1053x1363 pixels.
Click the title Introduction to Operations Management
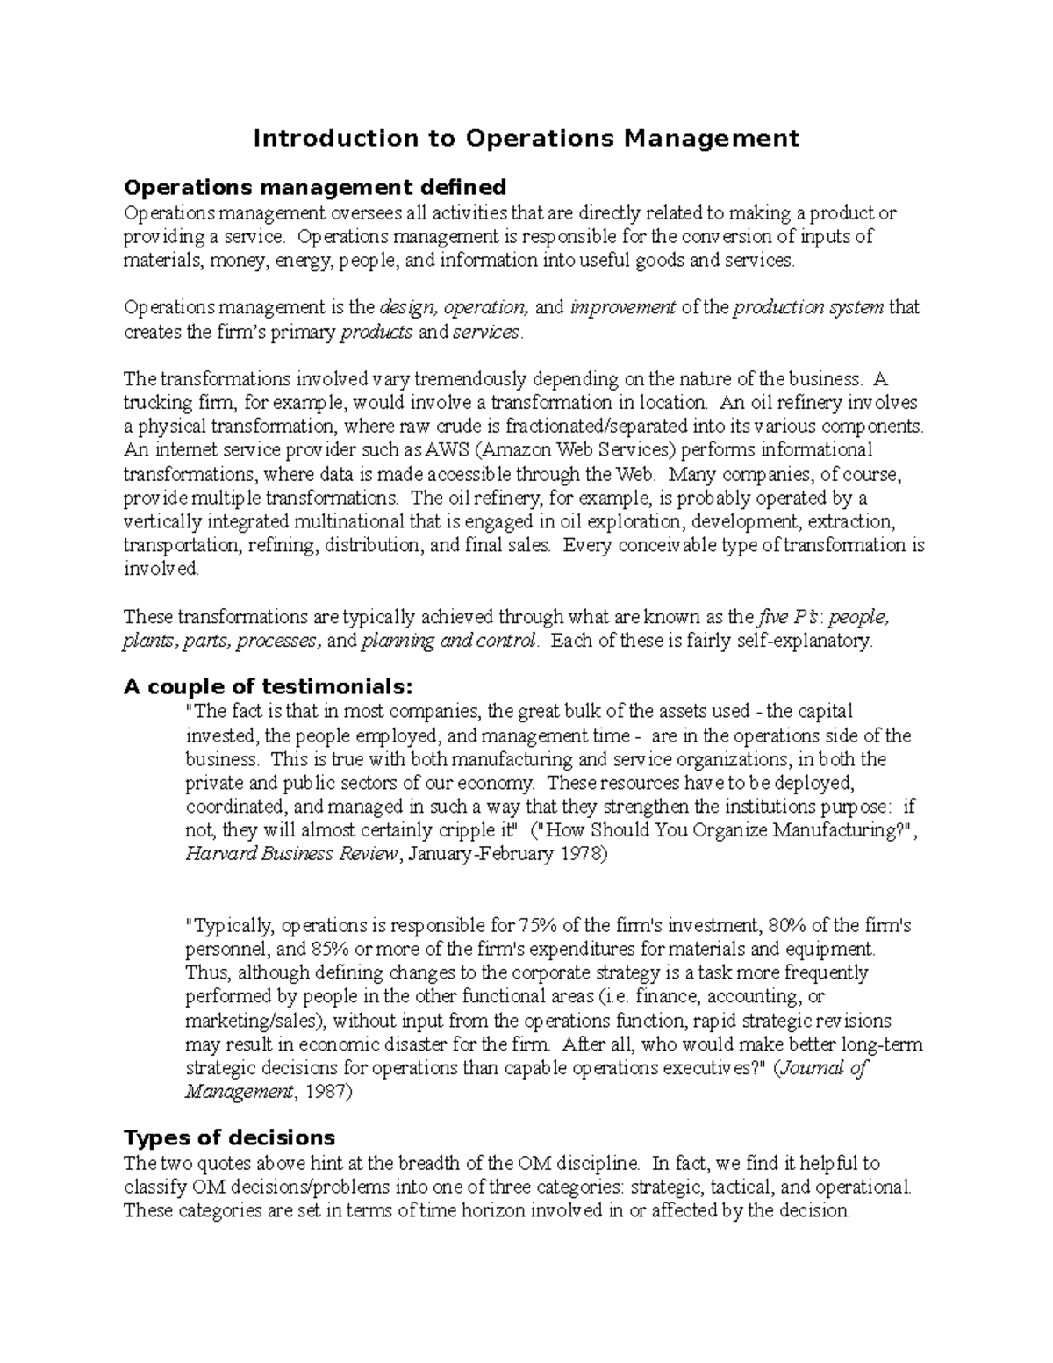click(x=526, y=138)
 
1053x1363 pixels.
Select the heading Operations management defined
click(x=315, y=187)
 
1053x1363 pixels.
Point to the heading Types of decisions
click(x=229, y=1137)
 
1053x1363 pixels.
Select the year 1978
click(x=579, y=854)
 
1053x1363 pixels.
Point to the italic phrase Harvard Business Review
click(x=292, y=854)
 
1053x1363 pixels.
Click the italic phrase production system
click(x=808, y=308)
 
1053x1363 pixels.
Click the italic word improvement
click(x=622, y=308)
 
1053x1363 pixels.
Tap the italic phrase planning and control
click(x=448, y=641)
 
